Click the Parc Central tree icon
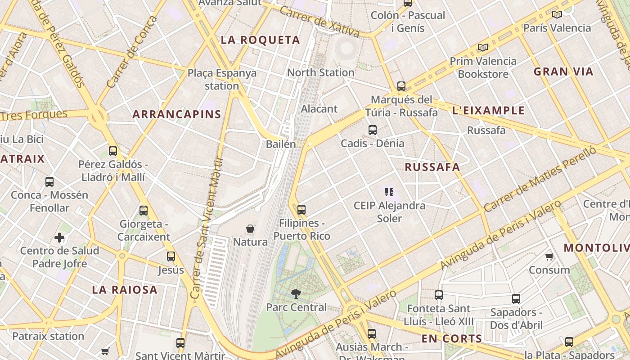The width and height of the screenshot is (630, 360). pyautogui.click(x=296, y=294)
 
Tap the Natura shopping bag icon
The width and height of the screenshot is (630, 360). pyautogui.click(x=250, y=229)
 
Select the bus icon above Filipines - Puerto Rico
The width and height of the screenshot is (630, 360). pyautogui.click(x=301, y=209)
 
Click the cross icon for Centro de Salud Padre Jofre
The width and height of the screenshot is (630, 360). pyautogui.click(x=59, y=238)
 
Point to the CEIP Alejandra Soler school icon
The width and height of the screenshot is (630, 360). pyautogui.click(x=389, y=193)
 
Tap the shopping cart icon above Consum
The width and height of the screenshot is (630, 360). pyautogui.click(x=549, y=257)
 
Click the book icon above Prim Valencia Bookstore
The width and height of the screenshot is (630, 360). pyautogui.click(x=483, y=47)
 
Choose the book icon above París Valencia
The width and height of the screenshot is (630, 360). pyautogui.click(x=557, y=14)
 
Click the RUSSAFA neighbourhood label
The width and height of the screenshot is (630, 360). pyautogui.click(x=432, y=167)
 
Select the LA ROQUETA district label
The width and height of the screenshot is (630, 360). pyautogui.click(x=260, y=40)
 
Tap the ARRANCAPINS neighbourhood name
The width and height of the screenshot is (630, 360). pyautogui.click(x=177, y=114)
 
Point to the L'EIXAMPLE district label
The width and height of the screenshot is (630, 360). pyautogui.click(x=488, y=111)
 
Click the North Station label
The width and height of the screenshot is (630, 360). pyautogui.click(x=320, y=72)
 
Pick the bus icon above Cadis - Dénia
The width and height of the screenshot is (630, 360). pyautogui.click(x=373, y=130)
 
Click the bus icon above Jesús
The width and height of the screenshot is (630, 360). pyautogui.click(x=171, y=256)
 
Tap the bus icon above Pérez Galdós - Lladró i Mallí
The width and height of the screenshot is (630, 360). pyautogui.click(x=113, y=151)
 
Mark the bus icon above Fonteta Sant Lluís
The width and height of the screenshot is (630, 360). pyautogui.click(x=439, y=295)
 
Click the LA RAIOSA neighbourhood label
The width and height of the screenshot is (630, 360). pyautogui.click(x=125, y=290)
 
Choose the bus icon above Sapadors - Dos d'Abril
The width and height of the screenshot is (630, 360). pyautogui.click(x=516, y=298)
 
